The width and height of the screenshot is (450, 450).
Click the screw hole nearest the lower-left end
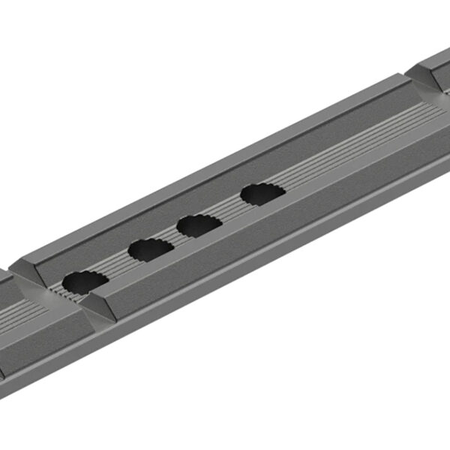coord(84,282)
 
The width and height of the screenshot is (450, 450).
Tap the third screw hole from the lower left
coord(199,225)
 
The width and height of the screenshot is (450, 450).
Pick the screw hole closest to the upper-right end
coord(262,194)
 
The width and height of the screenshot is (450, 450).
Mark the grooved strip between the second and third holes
coord(175,237)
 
